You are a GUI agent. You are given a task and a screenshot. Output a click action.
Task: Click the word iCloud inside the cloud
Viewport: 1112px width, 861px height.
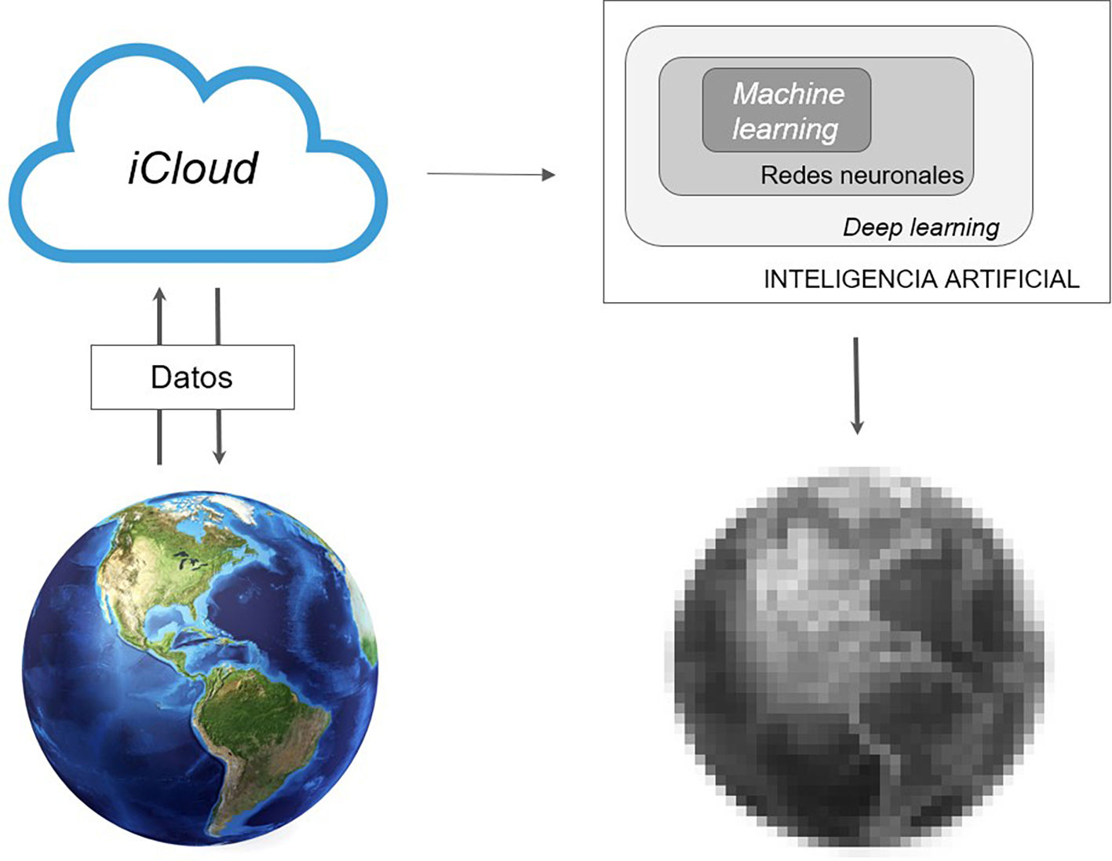pyautogui.click(x=193, y=167)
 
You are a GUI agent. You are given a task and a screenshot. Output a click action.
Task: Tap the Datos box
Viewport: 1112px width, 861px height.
pyautogui.click(x=192, y=378)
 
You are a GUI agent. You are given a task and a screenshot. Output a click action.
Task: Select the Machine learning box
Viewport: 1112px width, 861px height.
pyautogui.click(x=786, y=110)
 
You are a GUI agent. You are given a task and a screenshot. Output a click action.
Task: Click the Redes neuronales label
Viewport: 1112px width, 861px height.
pyautogui.click(x=862, y=175)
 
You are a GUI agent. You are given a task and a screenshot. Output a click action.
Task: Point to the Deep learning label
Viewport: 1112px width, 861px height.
pyautogui.click(x=921, y=228)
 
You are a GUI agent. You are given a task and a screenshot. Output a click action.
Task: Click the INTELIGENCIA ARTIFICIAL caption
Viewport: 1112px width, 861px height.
pyautogui.click(x=921, y=279)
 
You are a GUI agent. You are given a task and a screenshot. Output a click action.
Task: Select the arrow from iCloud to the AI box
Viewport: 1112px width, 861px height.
pyautogui.click(x=490, y=174)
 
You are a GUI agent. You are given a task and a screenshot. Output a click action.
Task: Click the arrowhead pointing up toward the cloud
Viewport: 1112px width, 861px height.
pyautogui.click(x=160, y=296)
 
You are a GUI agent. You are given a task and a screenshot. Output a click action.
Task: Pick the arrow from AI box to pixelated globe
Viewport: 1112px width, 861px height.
pyautogui.click(x=856, y=385)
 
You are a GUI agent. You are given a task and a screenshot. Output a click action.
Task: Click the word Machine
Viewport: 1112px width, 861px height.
pyautogui.click(x=789, y=94)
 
